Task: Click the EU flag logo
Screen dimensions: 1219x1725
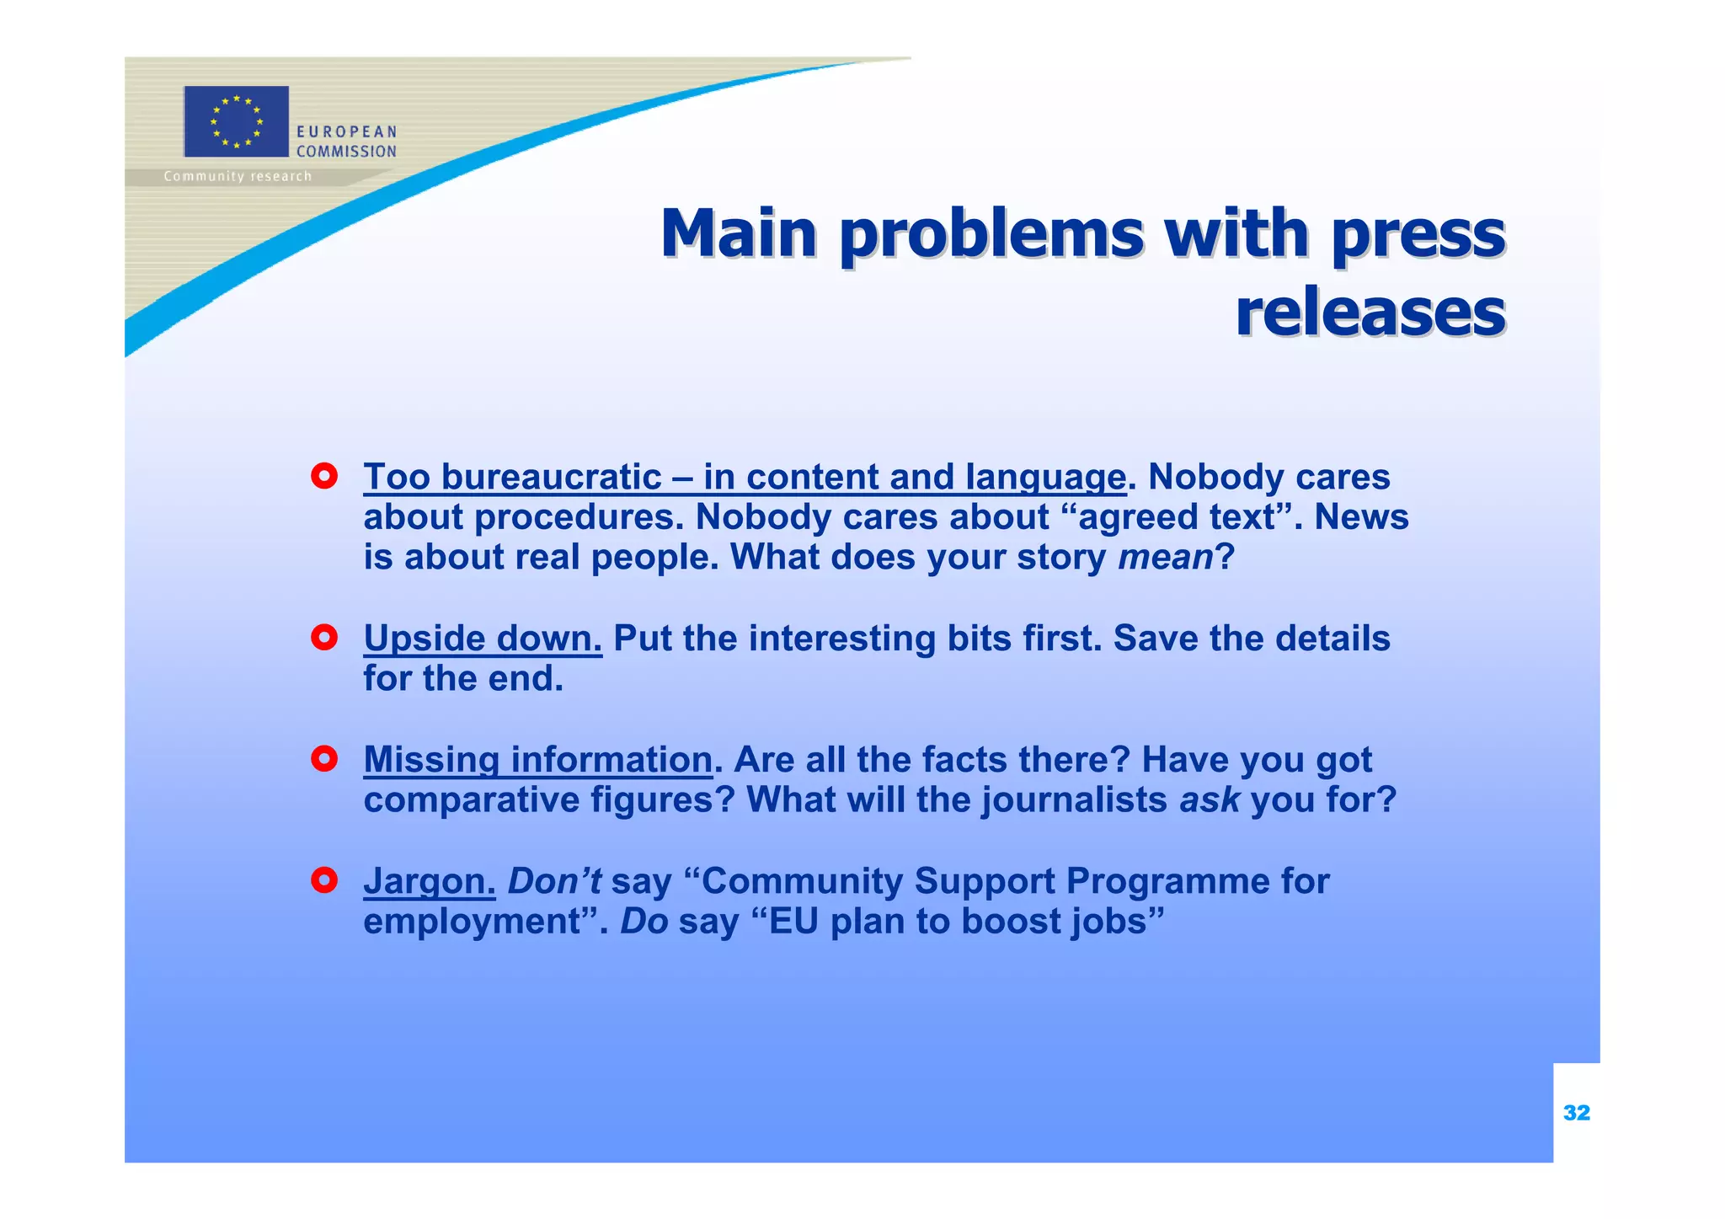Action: (236, 121)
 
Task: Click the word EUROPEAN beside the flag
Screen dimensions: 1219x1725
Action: (346, 132)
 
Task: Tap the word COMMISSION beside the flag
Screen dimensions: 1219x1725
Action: (346, 152)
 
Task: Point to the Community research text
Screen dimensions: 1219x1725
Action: (238, 176)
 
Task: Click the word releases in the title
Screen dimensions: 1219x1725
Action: (1370, 312)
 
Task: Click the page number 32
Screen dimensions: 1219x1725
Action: (1576, 1113)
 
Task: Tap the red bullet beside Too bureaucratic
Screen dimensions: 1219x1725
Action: (324, 477)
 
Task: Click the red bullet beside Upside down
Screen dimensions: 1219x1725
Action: (324, 638)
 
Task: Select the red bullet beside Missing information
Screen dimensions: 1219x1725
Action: (324, 759)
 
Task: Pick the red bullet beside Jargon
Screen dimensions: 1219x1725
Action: (324, 881)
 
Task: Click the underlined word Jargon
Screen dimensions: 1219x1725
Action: (429, 882)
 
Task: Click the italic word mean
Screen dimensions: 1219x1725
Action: (1165, 558)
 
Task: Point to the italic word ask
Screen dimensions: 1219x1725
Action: (1210, 799)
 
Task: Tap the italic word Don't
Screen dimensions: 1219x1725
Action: (554, 881)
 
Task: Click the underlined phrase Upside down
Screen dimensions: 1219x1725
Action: (483, 639)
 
